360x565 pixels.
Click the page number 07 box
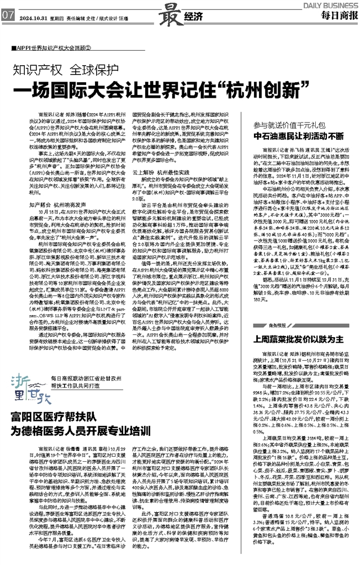(x=7, y=15)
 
